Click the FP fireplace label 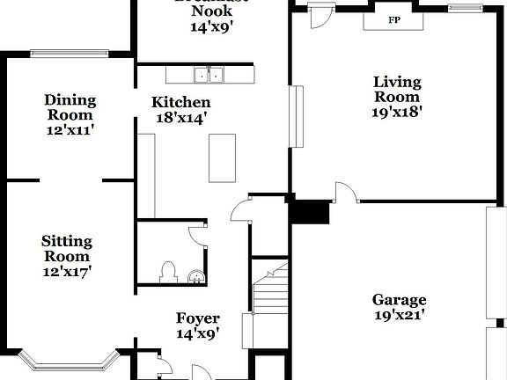392,19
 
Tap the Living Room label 397,89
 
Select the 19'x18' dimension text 397,112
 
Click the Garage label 399,299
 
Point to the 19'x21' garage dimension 399,314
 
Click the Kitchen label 180,102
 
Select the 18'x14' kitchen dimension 180,117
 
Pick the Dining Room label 70,107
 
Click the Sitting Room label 67,248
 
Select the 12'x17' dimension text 67,272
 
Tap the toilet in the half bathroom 168,273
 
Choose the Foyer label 197,318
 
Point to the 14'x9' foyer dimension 197,333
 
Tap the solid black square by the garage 309,213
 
